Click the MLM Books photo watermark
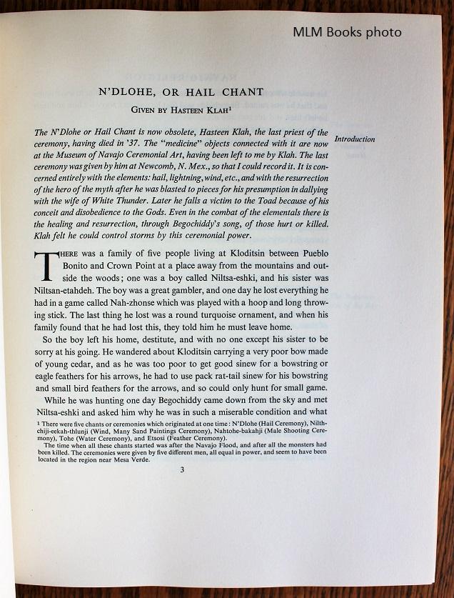coord(346,32)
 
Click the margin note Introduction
coord(355,139)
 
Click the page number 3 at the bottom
coord(182,469)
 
